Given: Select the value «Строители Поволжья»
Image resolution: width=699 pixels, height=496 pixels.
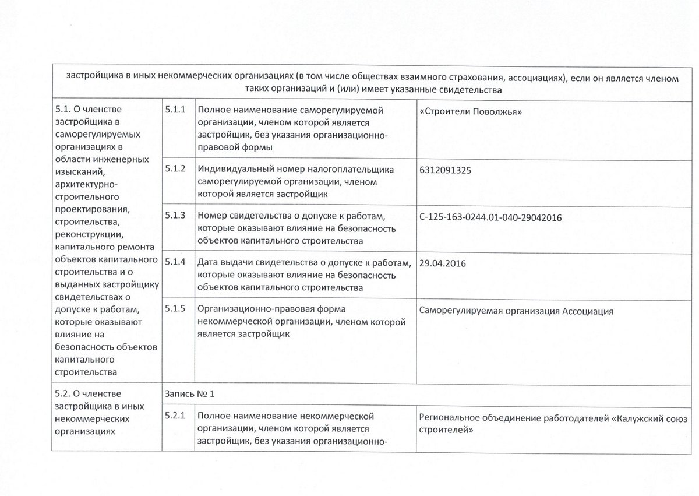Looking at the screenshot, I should click(469, 110).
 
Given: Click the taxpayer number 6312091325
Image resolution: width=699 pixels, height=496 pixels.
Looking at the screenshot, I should click(446, 171).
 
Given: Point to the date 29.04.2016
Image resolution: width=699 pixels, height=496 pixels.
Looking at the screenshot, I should click(442, 263).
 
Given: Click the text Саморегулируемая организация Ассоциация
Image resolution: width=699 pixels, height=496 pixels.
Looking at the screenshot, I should click(516, 311).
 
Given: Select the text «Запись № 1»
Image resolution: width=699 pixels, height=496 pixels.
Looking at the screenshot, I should click(190, 394).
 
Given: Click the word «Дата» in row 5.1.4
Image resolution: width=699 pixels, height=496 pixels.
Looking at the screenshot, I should click(209, 263).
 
